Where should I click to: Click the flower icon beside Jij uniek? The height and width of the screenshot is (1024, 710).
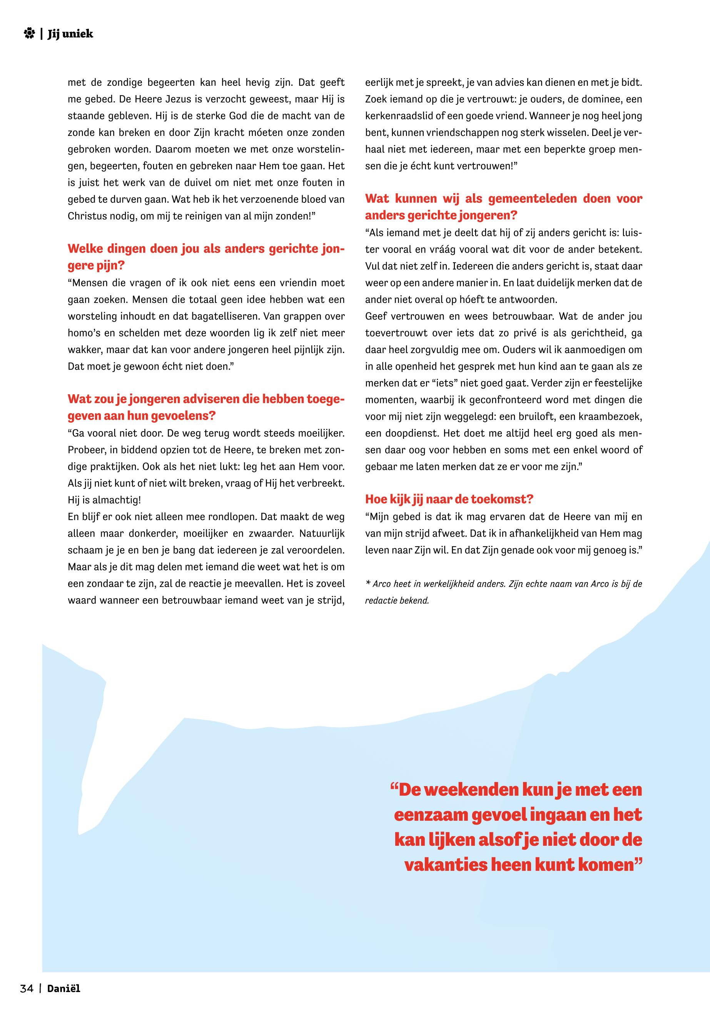pyautogui.click(x=29, y=34)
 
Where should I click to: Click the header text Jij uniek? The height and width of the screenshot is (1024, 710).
pyautogui.click(x=70, y=34)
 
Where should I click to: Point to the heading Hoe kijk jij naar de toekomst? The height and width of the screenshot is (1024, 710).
pyautogui.click(x=449, y=499)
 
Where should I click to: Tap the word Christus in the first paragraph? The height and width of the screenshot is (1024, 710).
pyautogui.click(x=86, y=216)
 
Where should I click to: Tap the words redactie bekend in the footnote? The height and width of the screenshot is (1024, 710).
pyautogui.click(x=397, y=600)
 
